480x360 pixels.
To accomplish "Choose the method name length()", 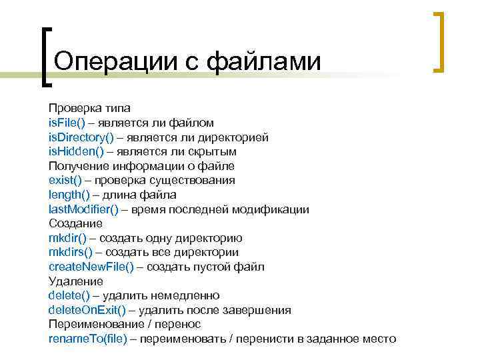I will coord(68,195).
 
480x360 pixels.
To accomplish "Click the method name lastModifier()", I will coord(83,209).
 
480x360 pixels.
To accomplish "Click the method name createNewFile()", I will coord(91,267).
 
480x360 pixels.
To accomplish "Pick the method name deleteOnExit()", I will coord(87,310).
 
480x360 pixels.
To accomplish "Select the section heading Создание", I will coord(75,223).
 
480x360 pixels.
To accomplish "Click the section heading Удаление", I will coord(75,281).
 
